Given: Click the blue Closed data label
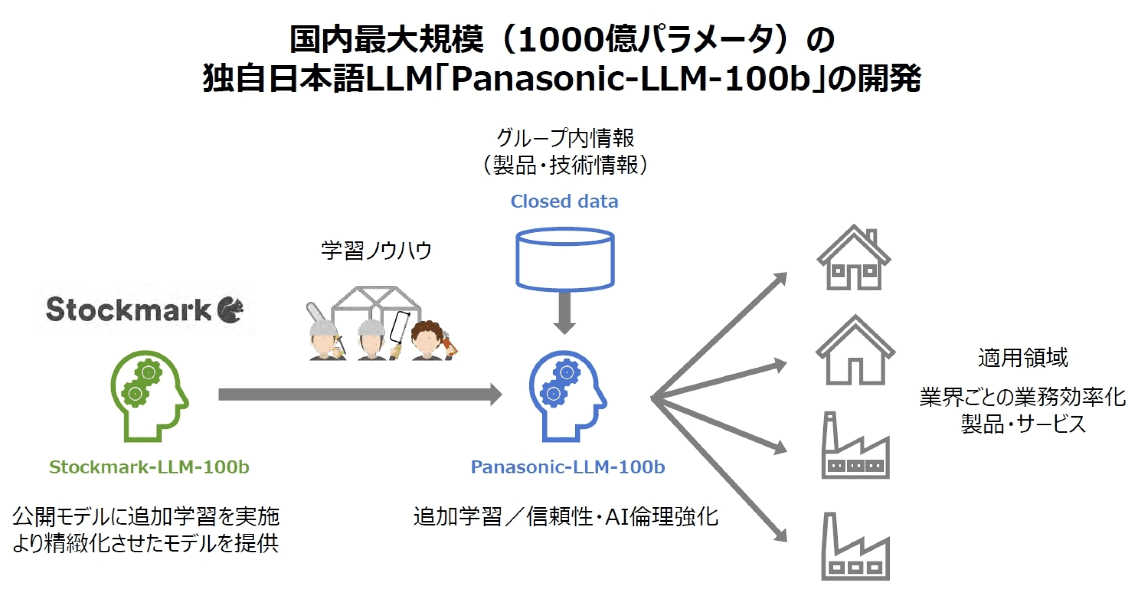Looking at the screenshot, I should coord(564,201).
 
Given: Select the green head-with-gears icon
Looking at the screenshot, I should coord(149,395).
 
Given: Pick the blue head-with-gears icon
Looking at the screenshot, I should coord(567,395).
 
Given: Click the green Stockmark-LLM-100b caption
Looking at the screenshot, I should coord(149,467).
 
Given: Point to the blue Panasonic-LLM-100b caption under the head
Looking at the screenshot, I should coord(568,467).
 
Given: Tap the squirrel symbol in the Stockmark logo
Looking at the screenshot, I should coord(231,310).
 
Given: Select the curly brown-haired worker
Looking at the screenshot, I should coord(428,340).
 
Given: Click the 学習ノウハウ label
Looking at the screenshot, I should coord(376,250).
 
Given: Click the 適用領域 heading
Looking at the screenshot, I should coord(1023,357).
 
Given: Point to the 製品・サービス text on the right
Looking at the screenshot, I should coord(1023,424).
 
